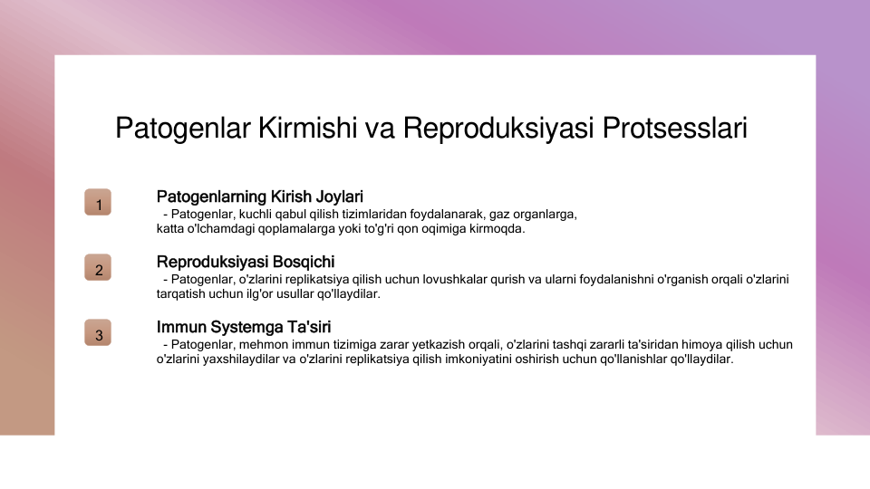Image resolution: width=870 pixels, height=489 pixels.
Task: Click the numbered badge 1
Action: point(98,202)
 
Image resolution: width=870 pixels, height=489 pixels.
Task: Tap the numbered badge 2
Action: point(98,268)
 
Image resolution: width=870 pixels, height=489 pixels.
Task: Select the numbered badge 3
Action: point(98,332)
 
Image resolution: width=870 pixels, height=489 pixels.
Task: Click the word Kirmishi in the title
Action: point(307,128)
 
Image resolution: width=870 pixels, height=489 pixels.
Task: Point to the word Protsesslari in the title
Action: point(674,128)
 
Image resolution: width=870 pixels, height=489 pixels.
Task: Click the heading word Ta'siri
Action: point(309,327)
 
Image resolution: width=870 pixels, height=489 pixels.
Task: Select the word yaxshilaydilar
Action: point(241,360)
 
